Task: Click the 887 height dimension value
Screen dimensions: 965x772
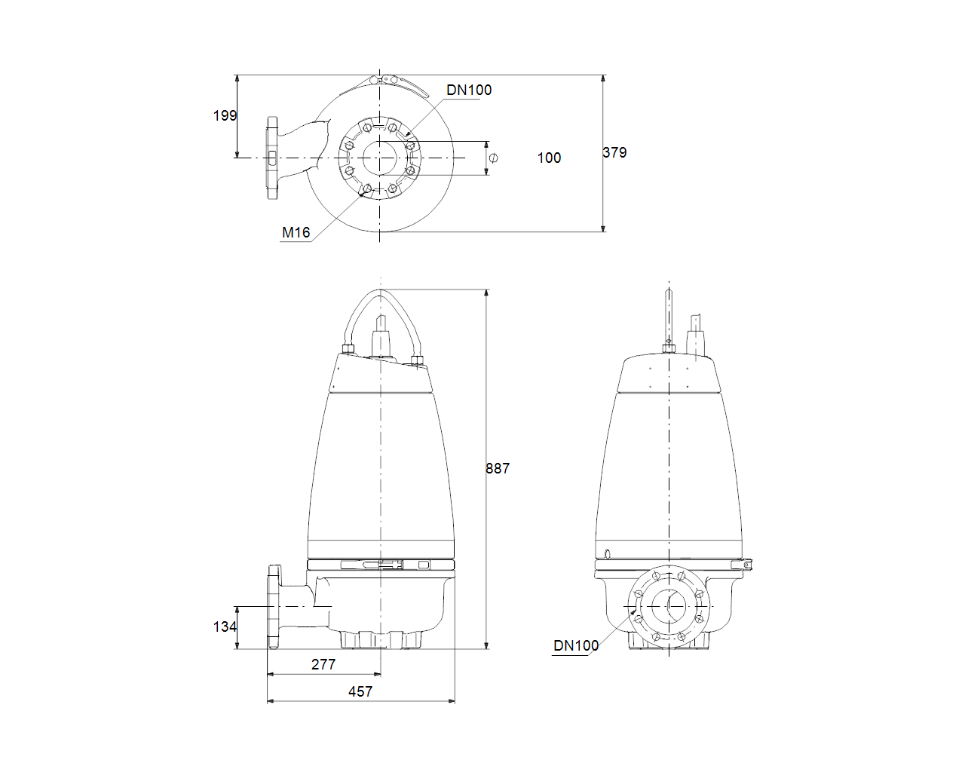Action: pos(498,468)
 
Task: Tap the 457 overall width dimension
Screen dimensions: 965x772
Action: pos(360,691)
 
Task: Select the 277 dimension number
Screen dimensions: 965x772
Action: pos(323,664)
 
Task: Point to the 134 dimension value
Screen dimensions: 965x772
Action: pos(225,626)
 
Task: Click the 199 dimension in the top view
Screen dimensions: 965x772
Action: pos(225,116)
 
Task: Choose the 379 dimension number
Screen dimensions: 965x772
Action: pos(614,152)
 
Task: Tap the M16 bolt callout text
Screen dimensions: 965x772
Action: pos(296,232)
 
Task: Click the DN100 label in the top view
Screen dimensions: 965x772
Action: pos(469,90)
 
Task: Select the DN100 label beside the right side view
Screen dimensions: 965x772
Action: pos(576,645)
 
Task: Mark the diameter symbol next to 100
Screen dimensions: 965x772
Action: pos(494,158)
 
